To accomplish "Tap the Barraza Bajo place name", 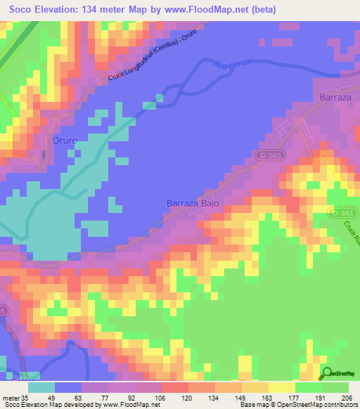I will pos(193,203).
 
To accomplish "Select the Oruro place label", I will pos(65,141).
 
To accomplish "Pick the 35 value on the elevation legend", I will pos(27,397).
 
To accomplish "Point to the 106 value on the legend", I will pos(161,397).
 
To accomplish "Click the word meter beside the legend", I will pos(11,397).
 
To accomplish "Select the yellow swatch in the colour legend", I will pos(282,387).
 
